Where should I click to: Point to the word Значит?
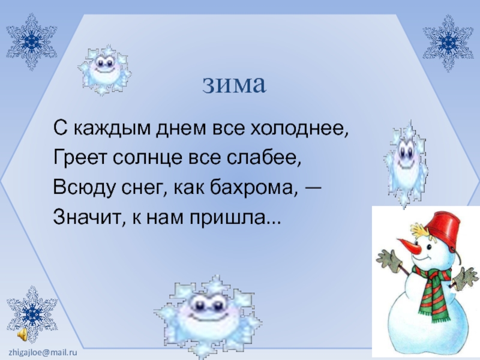(82, 217)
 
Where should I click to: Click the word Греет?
(74, 159)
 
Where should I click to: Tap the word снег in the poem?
(141, 188)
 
